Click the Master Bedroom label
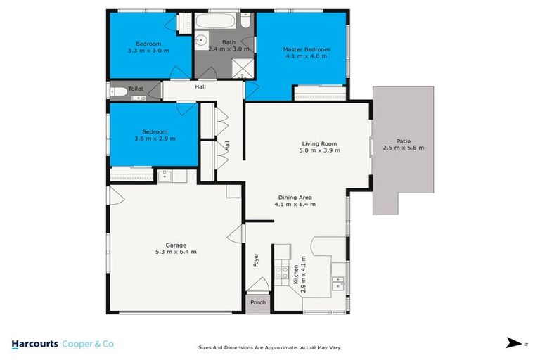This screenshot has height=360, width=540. pyautogui.click(x=306, y=50)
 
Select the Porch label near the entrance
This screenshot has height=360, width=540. pyautogui.click(x=257, y=303)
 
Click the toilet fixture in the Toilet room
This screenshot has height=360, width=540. pyautogui.click(x=120, y=91)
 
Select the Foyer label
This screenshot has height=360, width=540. pyautogui.click(x=256, y=260)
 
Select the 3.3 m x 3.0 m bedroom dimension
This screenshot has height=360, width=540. pyautogui.click(x=148, y=51)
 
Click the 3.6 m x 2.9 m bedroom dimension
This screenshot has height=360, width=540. pyautogui.click(x=155, y=139)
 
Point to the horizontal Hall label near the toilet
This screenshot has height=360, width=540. pyautogui.click(x=200, y=87)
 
